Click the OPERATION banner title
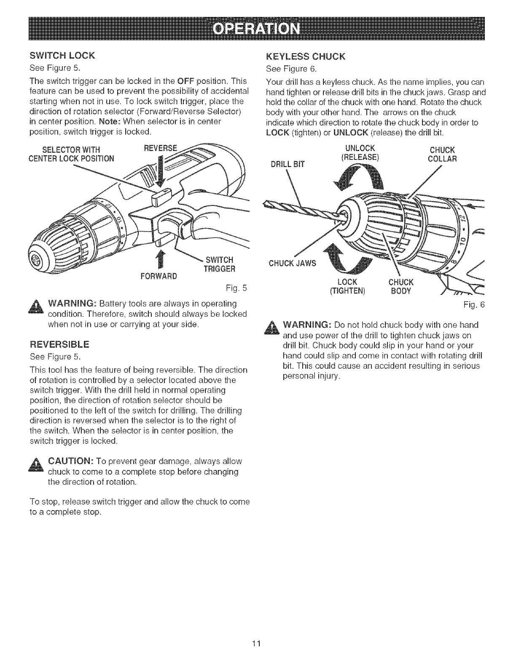point(256,30)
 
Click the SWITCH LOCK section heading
point(62,56)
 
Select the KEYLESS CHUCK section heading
point(307,56)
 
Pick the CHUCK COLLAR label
point(442,155)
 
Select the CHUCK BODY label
point(401,286)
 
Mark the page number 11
point(255,644)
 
